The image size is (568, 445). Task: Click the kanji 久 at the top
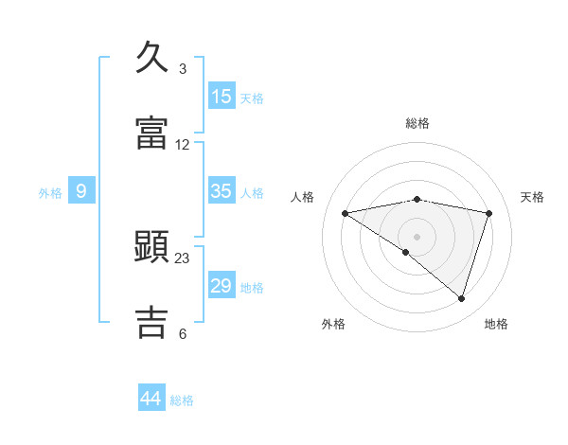[152, 58]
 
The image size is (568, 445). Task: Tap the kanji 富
[152, 133]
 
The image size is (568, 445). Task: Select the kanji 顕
[152, 247]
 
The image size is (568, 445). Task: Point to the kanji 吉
[152, 321]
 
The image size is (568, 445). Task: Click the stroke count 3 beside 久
[183, 69]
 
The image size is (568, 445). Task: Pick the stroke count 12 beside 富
[183, 145]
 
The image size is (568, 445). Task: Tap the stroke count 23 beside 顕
[183, 258]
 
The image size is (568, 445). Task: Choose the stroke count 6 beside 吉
[183, 333]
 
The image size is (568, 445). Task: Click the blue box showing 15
[222, 96]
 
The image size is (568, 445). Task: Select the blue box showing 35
[222, 190]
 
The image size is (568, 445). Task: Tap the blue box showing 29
[222, 285]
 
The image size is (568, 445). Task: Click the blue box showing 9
[81, 191]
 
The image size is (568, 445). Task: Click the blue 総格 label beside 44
[182, 400]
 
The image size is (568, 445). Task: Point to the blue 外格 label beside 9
[50, 193]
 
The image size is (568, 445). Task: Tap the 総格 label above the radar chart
[417, 123]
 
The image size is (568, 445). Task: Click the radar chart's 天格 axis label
[533, 197]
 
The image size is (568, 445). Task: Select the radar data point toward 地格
[462, 299]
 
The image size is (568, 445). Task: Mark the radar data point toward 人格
[345, 213]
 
